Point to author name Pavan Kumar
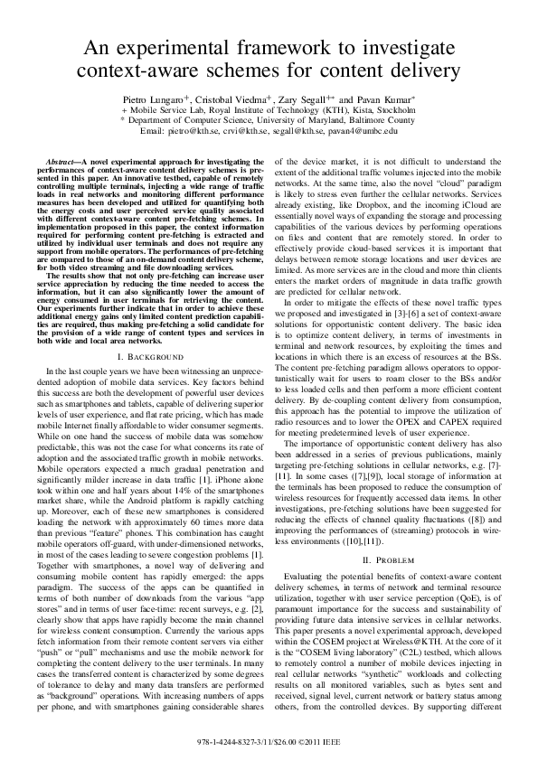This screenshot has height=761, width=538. [x=383, y=98]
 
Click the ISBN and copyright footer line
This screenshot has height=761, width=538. [x=269, y=740]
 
